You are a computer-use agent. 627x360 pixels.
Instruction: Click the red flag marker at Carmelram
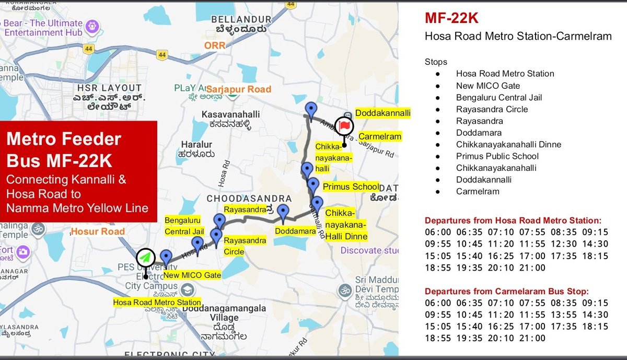pos(344,125)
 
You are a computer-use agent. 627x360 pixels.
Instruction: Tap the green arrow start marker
pos(146,258)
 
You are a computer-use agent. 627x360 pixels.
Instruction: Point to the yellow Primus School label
pos(351,187)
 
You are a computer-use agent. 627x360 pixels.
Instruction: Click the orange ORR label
pos(215,45)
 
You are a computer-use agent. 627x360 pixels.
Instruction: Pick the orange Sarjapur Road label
pos(239,89)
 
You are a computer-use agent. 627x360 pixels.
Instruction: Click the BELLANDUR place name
pos(241,20)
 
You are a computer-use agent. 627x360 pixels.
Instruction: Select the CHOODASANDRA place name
pos(249,199)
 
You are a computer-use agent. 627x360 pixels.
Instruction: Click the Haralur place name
pos(196,144)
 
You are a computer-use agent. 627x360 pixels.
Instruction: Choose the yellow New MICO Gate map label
pos(192,275)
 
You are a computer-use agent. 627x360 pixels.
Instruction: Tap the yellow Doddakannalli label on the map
pos(382,113)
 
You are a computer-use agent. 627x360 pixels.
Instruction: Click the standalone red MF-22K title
pos(451,19)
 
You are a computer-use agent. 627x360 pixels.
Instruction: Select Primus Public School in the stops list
pos(497,156)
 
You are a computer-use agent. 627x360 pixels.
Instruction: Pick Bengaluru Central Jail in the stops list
pos(498,97)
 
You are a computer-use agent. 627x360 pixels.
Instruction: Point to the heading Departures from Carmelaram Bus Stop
pos(513,291)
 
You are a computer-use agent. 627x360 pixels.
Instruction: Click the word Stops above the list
pos(436,62)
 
